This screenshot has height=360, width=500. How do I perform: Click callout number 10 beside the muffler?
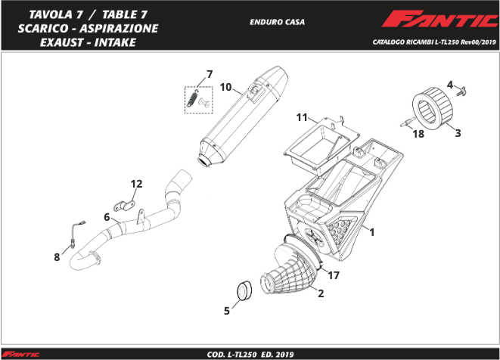225,87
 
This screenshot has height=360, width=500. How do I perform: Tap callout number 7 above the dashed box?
210,74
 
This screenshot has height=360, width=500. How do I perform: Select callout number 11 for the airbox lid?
302,117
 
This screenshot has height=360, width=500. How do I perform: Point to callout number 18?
418,134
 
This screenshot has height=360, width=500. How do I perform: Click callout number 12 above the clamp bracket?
136,184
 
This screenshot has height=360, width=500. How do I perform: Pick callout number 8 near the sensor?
57,257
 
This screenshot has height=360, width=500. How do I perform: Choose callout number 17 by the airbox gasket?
334,275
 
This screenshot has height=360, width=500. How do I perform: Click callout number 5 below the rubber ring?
227,311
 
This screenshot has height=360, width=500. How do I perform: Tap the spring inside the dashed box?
192,98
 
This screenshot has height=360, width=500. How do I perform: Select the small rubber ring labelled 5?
244,290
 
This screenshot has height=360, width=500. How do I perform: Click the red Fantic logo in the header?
439,19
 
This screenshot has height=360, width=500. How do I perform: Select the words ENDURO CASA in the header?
277,22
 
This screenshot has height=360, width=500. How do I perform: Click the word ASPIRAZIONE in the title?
119,29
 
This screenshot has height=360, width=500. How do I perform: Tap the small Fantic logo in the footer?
20,354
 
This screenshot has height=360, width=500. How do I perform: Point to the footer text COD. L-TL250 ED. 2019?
250,355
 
